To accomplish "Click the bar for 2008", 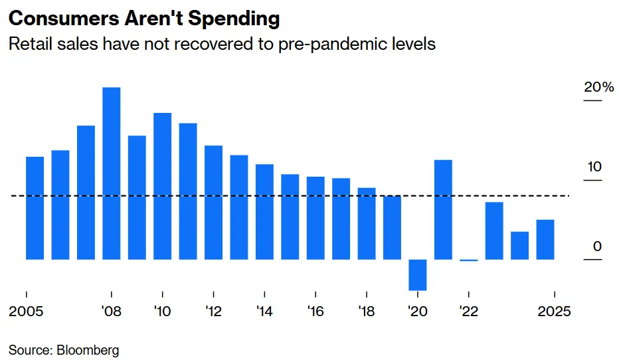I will (112, 173).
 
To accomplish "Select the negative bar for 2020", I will (417, 274).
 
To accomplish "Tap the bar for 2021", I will (443, 209).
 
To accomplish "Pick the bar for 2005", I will (35, 208).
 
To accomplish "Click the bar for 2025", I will (545, 239).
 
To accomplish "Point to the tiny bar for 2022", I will (468, 260).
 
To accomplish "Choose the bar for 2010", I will (162, 186).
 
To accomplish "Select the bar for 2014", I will (264, 211).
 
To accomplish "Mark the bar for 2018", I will (367, 223).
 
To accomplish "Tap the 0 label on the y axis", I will (597, 246).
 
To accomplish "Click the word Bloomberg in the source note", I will (88, 349).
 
